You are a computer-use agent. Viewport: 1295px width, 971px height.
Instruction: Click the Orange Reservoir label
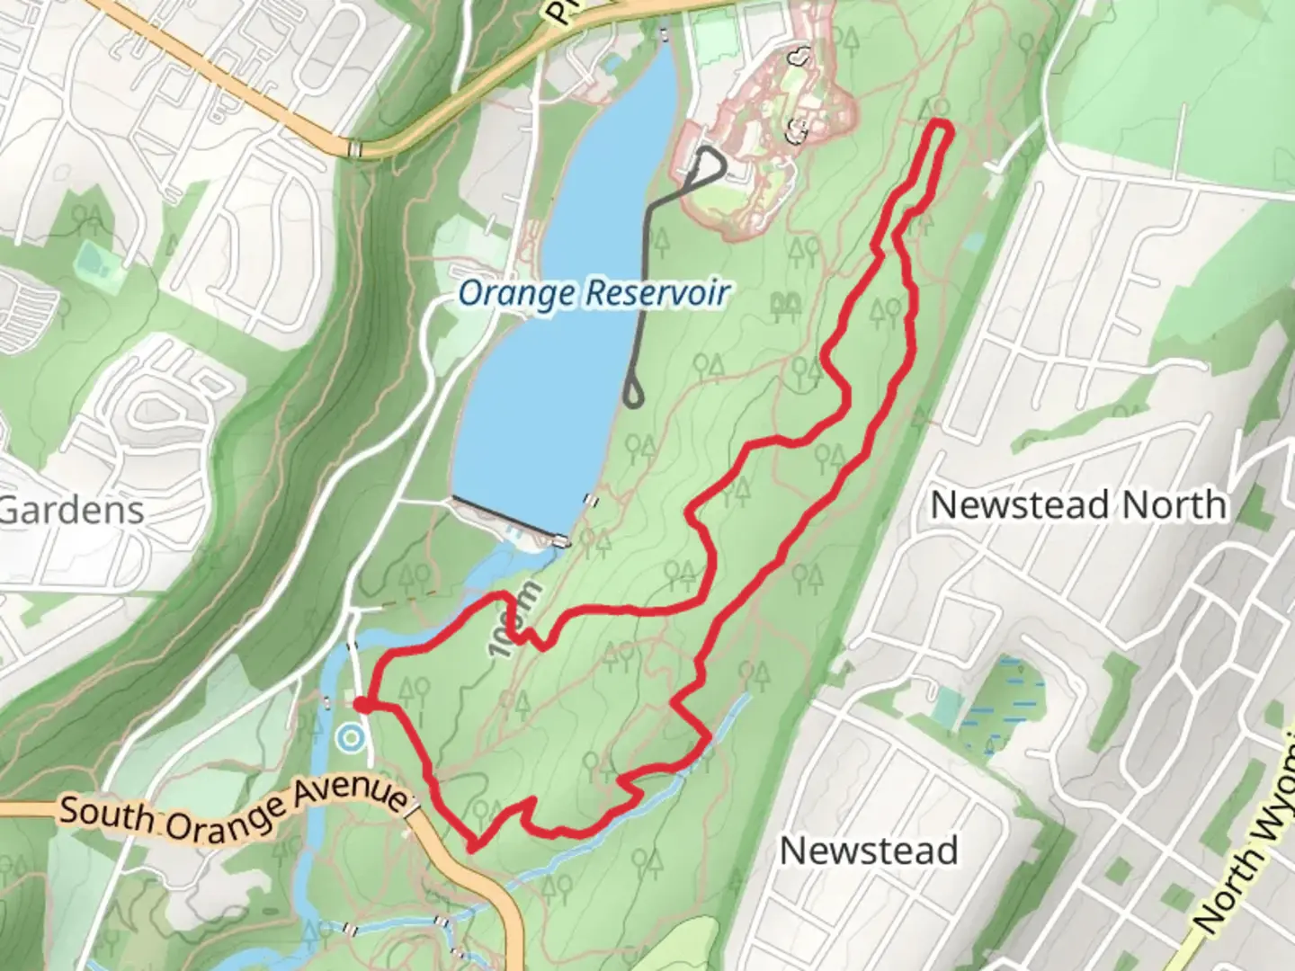tap(593, 293)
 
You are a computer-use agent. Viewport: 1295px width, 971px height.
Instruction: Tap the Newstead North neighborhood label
tap(1077, 505)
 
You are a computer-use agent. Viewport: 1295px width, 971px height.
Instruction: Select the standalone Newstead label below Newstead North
tap(868, 851)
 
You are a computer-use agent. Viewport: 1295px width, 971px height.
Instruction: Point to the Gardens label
tap(72, 511)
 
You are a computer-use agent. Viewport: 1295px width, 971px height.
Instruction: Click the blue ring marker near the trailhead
tap(349, 740)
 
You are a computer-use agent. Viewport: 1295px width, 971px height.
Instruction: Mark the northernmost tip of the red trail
tap(940, 122)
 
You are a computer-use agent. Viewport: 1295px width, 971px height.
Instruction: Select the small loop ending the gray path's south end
tap(633, 394)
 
